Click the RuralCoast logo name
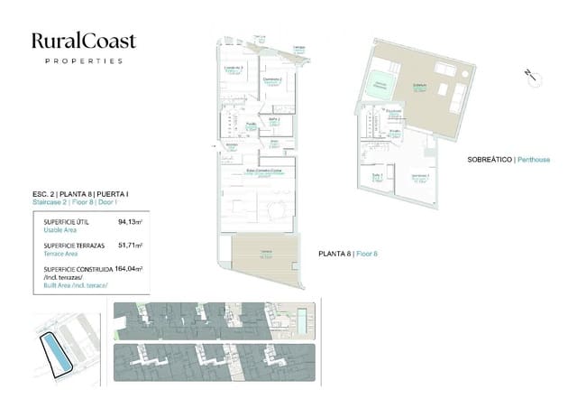[84, 40]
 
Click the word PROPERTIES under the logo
[84, 61]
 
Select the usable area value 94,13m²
[131, 221]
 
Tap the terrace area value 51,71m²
[131, 245]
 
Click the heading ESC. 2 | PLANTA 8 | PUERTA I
[79, 195]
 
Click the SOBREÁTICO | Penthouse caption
[508, 160]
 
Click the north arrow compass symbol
[530, 75]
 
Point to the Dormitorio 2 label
[273, 80]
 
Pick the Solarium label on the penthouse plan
[419, 85]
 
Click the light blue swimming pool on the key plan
[306, 314]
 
